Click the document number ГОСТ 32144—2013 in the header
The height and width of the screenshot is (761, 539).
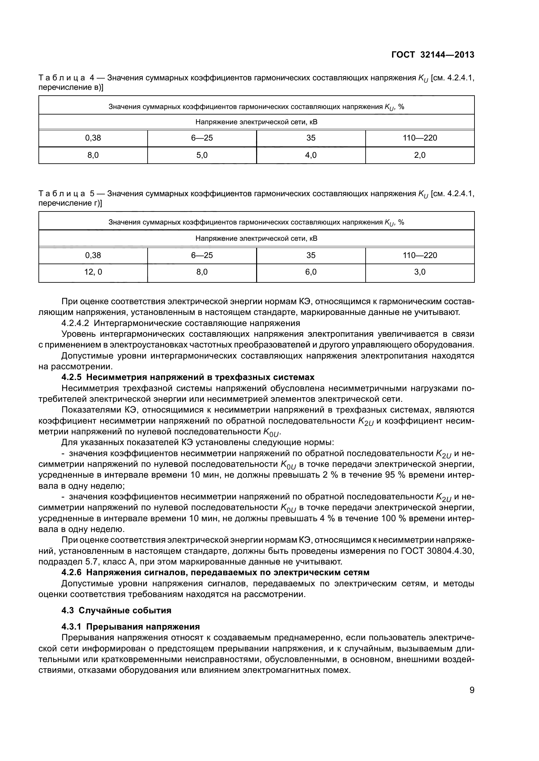click(x=433, y=55)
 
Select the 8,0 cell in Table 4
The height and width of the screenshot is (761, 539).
click(x=93, y=155)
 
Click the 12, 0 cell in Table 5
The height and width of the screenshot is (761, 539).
click(x=93, y=272)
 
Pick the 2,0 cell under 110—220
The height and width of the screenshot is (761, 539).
click(x=419, y=155)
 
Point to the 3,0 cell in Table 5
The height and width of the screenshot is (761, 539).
click(x=419, y=272)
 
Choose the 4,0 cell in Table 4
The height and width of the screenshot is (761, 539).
click(x=311, y=155)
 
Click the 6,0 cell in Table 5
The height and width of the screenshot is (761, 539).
click(x=311, y=272)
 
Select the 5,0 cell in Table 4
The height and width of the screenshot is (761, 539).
click(x=202, y=155)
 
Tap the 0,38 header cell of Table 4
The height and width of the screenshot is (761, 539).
click(x=93, y=138)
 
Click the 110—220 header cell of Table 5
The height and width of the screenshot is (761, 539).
click(x=419, y=255)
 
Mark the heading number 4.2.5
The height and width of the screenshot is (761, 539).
click(x=72, y=377)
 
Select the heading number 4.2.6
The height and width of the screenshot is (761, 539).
click(x=72, y=572)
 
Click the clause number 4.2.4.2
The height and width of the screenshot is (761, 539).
click(x=75, y=323)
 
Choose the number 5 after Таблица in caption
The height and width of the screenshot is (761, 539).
click(x=92, y=194)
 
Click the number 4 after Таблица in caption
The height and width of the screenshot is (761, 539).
click(x=92, y=78)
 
